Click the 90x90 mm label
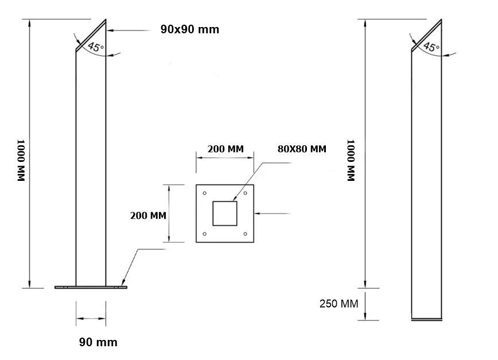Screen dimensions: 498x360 tap(189, 29)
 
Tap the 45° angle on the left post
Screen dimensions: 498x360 tap(96, 47)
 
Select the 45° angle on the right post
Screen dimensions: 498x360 tap(431, 47)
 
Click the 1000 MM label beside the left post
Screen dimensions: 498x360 tap(21, 160)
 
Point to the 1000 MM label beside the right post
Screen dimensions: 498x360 tap(351, 160)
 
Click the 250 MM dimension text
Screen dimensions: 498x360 tap(339, 304)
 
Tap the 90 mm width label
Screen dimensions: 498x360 tap(98, 342)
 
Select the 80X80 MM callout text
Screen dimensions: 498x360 tap(302, 149)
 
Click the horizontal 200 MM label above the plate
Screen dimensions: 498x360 tap(225, 149)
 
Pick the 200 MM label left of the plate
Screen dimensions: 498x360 tap(148, 215)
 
